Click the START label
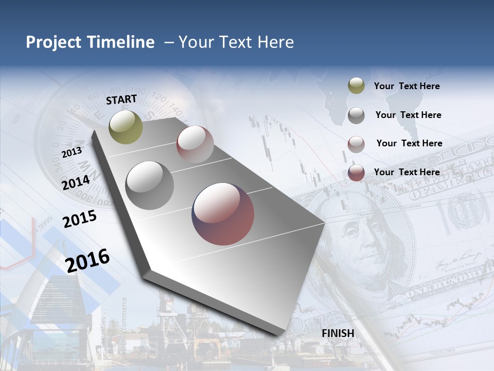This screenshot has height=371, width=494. pyautogui.click(x=121, y=99)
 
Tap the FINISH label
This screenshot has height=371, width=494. pyautogui.click(x=338, y=333)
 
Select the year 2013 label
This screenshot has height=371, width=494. pyautogui.click(x=72, y=153)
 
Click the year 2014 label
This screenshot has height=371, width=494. pyautogui.click(x=76, y=182)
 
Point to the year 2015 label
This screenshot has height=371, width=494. pyautogui.click(x=80, y=219)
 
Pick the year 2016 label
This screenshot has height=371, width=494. pyautogui.click(x=87, y=260)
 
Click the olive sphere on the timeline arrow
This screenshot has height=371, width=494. pyautogui.click(x=126, y=127)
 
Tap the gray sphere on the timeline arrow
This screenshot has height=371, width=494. pyautogui.click(x=150, y=185)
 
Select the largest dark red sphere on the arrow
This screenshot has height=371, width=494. pyautogui.click(x=223, y=214)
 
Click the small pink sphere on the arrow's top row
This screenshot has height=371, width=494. pyautogui.click(x=195, y=144)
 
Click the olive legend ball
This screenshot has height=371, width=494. pyautogui.click(x=356, y=86)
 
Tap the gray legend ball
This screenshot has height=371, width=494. pyautogui.click(x=356, y=115)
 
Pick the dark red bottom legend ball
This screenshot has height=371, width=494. pyautogui.click(x=356, y=173)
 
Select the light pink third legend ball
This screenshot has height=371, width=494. pyautogui.click(x=356, y=144)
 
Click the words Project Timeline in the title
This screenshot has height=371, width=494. pyautogui.click(x=90, y=42)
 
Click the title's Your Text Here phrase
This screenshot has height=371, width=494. pyautogui.click(x=236, y=42)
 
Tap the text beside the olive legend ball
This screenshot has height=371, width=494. pyautogui.click(x=407, y=87)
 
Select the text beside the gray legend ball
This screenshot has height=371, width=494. pyautogui.click(x=408, y=115)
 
